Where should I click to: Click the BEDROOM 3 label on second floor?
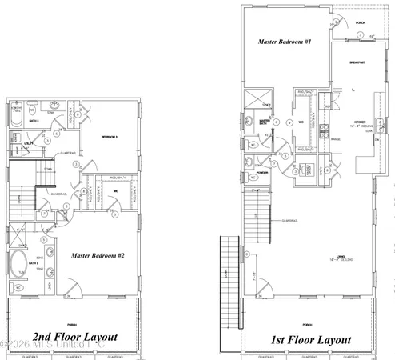pyautogui.click(x=110, y=138)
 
